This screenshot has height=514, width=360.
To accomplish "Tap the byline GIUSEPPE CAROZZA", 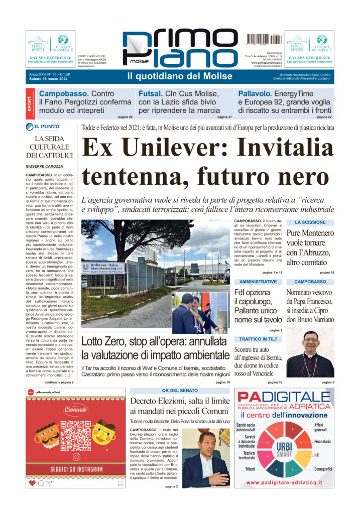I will point(44,166).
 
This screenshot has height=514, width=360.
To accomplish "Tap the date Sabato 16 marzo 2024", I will point(50,80).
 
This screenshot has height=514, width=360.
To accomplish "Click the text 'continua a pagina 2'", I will point(59,382).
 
